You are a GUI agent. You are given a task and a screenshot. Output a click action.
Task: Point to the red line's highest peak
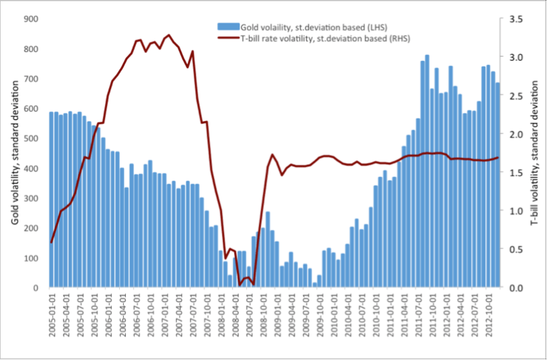[169, 35]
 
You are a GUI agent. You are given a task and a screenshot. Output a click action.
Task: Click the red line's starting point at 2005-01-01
[51, 242]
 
